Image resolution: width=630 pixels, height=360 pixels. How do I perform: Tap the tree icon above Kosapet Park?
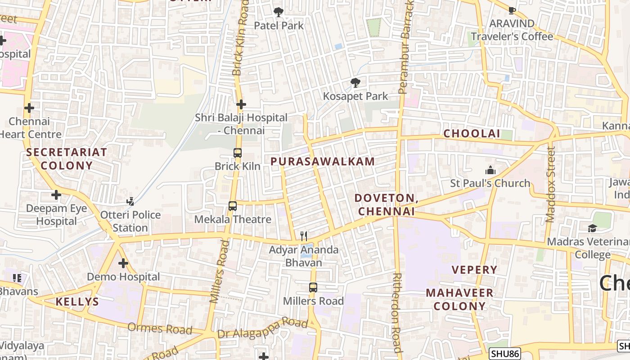(355, 83)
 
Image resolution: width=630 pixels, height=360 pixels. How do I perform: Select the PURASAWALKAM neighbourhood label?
(323, 162)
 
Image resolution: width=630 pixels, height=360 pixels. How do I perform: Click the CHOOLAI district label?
(472, 134)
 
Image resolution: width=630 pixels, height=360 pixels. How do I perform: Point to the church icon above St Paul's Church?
(490, 170)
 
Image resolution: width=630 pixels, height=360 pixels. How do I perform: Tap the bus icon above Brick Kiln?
(238, 153)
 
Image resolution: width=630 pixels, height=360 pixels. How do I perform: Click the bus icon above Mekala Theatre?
(233, 206)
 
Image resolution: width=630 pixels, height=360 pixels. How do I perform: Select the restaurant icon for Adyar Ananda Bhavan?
(304, 236)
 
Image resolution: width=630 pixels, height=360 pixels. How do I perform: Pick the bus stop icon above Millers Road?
(313, 287)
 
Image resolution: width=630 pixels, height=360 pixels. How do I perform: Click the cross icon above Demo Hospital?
(123, 263)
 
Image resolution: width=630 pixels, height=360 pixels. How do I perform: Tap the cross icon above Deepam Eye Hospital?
(56, 195)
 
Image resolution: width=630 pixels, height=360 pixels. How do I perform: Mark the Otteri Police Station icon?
(130, 201)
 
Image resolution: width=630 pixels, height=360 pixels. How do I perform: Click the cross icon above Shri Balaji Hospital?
(241, 104)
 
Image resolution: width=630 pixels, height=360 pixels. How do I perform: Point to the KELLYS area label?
(77, 302)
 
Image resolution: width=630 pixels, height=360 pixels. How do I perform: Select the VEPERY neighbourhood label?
(475, 270)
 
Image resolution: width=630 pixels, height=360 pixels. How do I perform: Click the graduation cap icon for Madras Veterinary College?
(592, 229)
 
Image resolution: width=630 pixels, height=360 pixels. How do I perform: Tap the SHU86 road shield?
(504, 354)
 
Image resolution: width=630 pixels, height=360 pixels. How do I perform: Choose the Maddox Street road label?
(550, 184)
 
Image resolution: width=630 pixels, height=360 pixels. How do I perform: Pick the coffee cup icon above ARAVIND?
(512, 10)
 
